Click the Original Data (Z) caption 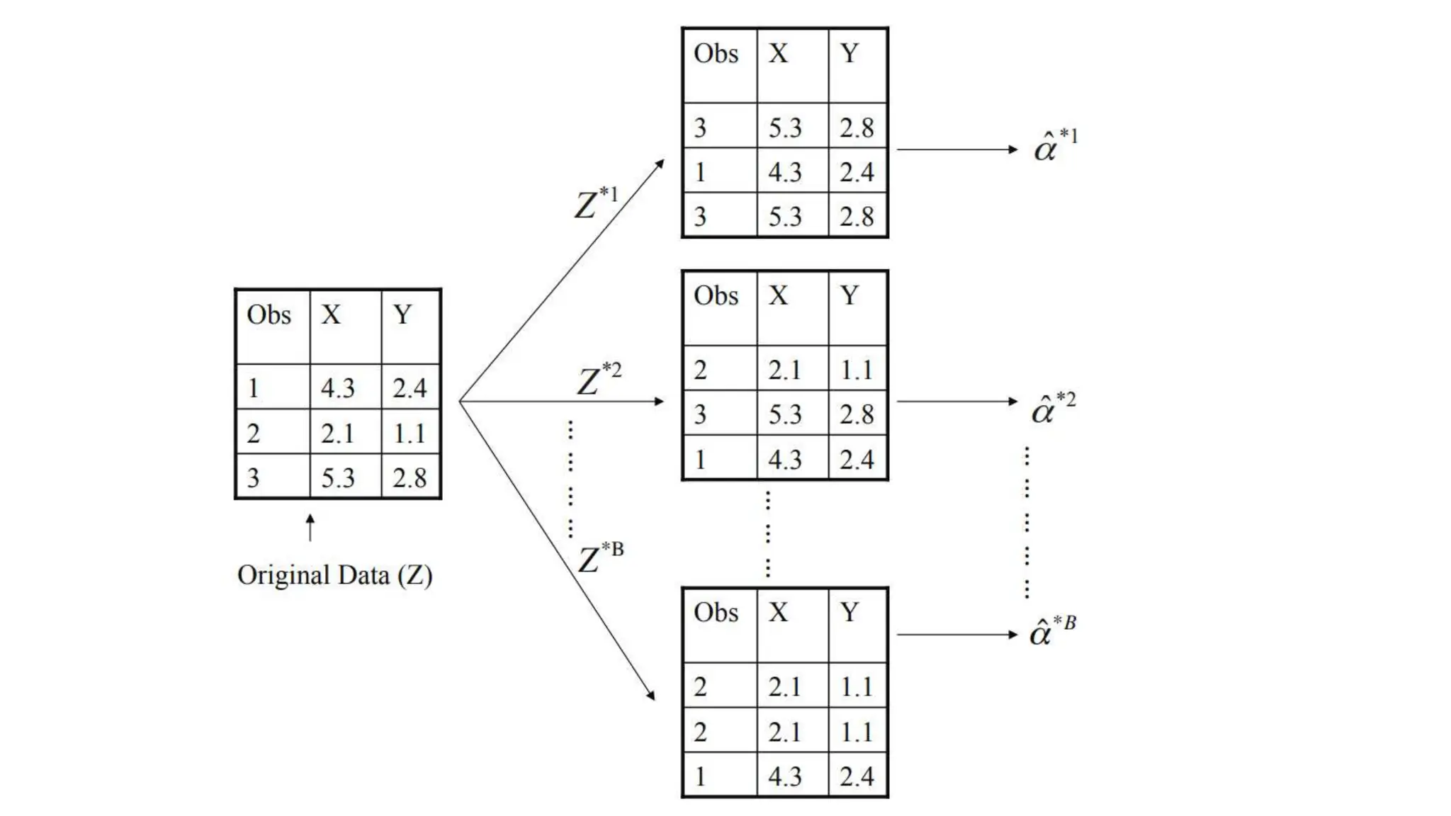334,575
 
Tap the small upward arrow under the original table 310,528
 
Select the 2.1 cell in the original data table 337,433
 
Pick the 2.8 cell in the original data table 410,477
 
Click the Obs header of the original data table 269,314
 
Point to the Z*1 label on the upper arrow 596,203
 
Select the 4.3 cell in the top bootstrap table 785,172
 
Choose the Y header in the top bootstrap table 850,54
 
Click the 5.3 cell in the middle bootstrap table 785,414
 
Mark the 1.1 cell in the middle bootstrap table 857,369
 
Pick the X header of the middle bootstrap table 778,295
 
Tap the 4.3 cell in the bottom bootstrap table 785,776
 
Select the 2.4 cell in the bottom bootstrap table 857,776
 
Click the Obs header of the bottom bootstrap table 716,612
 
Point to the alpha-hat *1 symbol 1055,146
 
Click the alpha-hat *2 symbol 1053,407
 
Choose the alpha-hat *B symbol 1052,630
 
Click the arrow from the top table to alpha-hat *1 956,149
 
